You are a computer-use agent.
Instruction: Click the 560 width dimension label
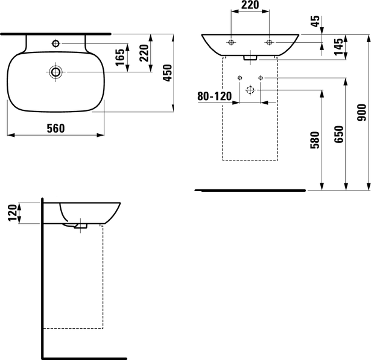(x=55, y=128)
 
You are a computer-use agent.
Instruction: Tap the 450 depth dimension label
(x=168, y=73)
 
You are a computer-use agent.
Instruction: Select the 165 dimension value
(x=120, y=57)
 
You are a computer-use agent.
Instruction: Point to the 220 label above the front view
(x=250, y=5)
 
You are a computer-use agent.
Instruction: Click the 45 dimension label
(x=316, y=21)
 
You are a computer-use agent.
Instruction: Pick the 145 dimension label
(x=338, y=46)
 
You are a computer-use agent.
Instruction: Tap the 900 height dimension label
(x=361, y=113)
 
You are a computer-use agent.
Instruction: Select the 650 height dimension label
(x=338, y=134)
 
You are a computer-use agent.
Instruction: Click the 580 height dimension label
(x=315, y=140)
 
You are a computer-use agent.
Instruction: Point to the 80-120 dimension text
(x=215, y=96)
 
